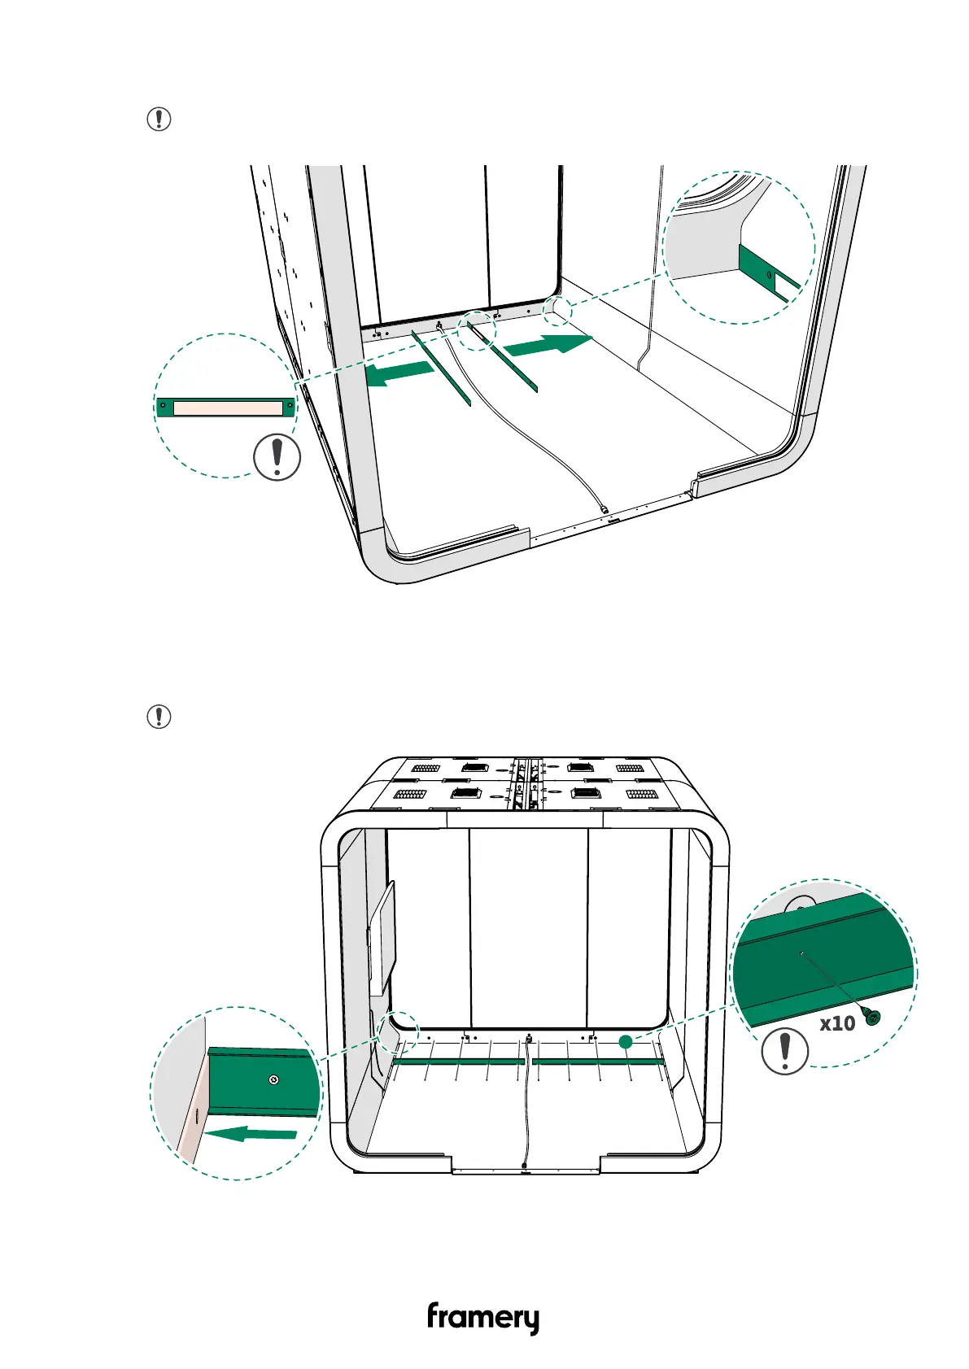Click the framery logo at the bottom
pyautogui.click(x=482, y=1317)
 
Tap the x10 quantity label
pyautogui.click(x=836, y=1023)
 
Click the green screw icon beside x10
pyautogui.click(x=873, y=1017)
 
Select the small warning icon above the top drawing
pyautogui.click(x=159, y=120)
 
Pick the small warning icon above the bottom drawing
pyautogui.click(x=159, y=717)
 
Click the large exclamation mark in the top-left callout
pyautogui.click(x=277, y=457)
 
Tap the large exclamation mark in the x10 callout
pyautogui.click(x=785, y=1051)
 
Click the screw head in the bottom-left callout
pyautogui.click(x=274, y=1079)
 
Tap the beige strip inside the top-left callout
pyautogui.click(x=227, y=407)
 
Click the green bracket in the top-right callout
pyautogui.click(x=765, y=272)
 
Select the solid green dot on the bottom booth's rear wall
pyautogui.click(x=625, y=1041)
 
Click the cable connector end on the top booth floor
pyautogui.click(x=605, y=509)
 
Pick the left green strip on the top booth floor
pyautogui.click(x=441, y=366)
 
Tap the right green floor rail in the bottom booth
pyautogui.click(x=597, y=1062)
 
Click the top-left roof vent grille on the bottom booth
pyautogui.click(x=425, y=768)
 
